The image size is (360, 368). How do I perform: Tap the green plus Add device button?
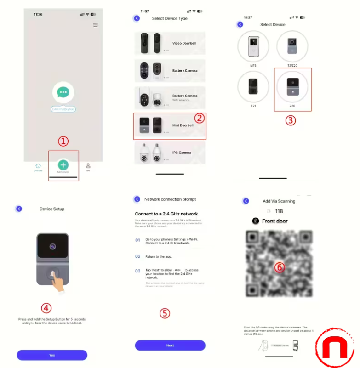pyautogui.click(x=63, y=164)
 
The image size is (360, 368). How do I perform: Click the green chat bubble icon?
pyautogui.click(x=63, y=93)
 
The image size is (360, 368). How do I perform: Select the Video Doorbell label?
pyautogui.click(x=184, y=43)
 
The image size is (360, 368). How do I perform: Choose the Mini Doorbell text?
pyautogui.click(x=183, y=125)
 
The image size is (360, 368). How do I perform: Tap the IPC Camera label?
pyautogui.click(x=182, y=153)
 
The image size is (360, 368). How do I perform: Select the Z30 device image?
pyautogui.click(x=292, y=87)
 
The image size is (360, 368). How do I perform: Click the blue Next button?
pyautogui.click(x=170, y=345)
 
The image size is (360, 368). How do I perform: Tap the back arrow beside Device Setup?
pyautogui.click(x=19, y=209)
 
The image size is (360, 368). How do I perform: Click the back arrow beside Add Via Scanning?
pyautogui.click(x=246, y=201)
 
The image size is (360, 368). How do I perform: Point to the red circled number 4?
pyautogui.click(x=46, y=308)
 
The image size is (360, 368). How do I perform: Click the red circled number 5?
pyautogui.click(x=165, y=313)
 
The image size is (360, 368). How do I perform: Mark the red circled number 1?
pyautogui.click(x=63, y=142)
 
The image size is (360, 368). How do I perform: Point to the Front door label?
pyautogui.click(x=274, y=221)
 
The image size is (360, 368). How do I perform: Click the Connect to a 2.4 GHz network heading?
pyautogui.click(x=166, y=214)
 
